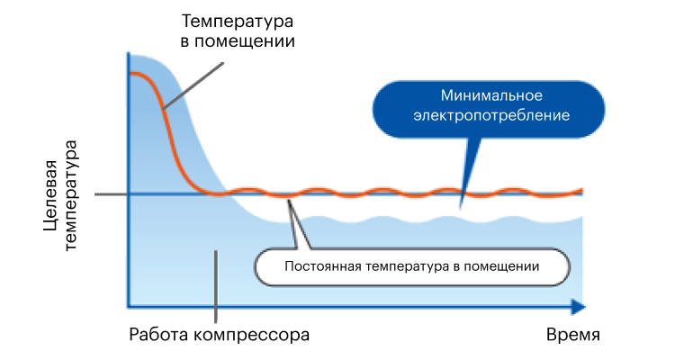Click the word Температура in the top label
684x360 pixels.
pos(238,22)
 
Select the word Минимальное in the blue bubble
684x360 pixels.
pos(491,95)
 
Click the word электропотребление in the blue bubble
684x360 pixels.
pos(491,115)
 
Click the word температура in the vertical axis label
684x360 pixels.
pos(70,195)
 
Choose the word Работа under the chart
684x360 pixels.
pos(158,335)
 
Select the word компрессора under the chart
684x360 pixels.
pos(251,335)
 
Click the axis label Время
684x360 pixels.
pos(573,335)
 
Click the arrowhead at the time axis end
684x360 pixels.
pos(579,307)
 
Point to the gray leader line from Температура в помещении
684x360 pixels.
pos(193,85)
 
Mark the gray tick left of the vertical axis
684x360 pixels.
pos(112,194)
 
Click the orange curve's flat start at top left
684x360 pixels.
pos(133,73)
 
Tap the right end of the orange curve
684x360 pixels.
pos(582,191)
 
